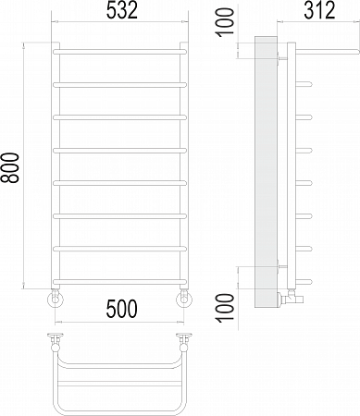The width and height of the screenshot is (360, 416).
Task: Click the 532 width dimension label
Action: [120, 12]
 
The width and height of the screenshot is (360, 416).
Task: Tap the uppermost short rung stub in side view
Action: [303, 85]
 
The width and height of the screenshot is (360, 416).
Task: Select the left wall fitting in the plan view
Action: [56, 336]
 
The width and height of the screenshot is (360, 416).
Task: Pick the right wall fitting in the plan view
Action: [185, 336]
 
